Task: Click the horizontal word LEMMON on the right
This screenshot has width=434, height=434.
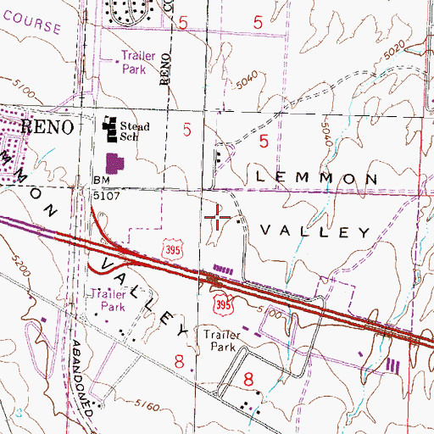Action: point(314,178)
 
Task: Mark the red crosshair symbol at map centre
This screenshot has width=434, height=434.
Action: point(218,218)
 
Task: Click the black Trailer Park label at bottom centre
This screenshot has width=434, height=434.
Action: point(224,340)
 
